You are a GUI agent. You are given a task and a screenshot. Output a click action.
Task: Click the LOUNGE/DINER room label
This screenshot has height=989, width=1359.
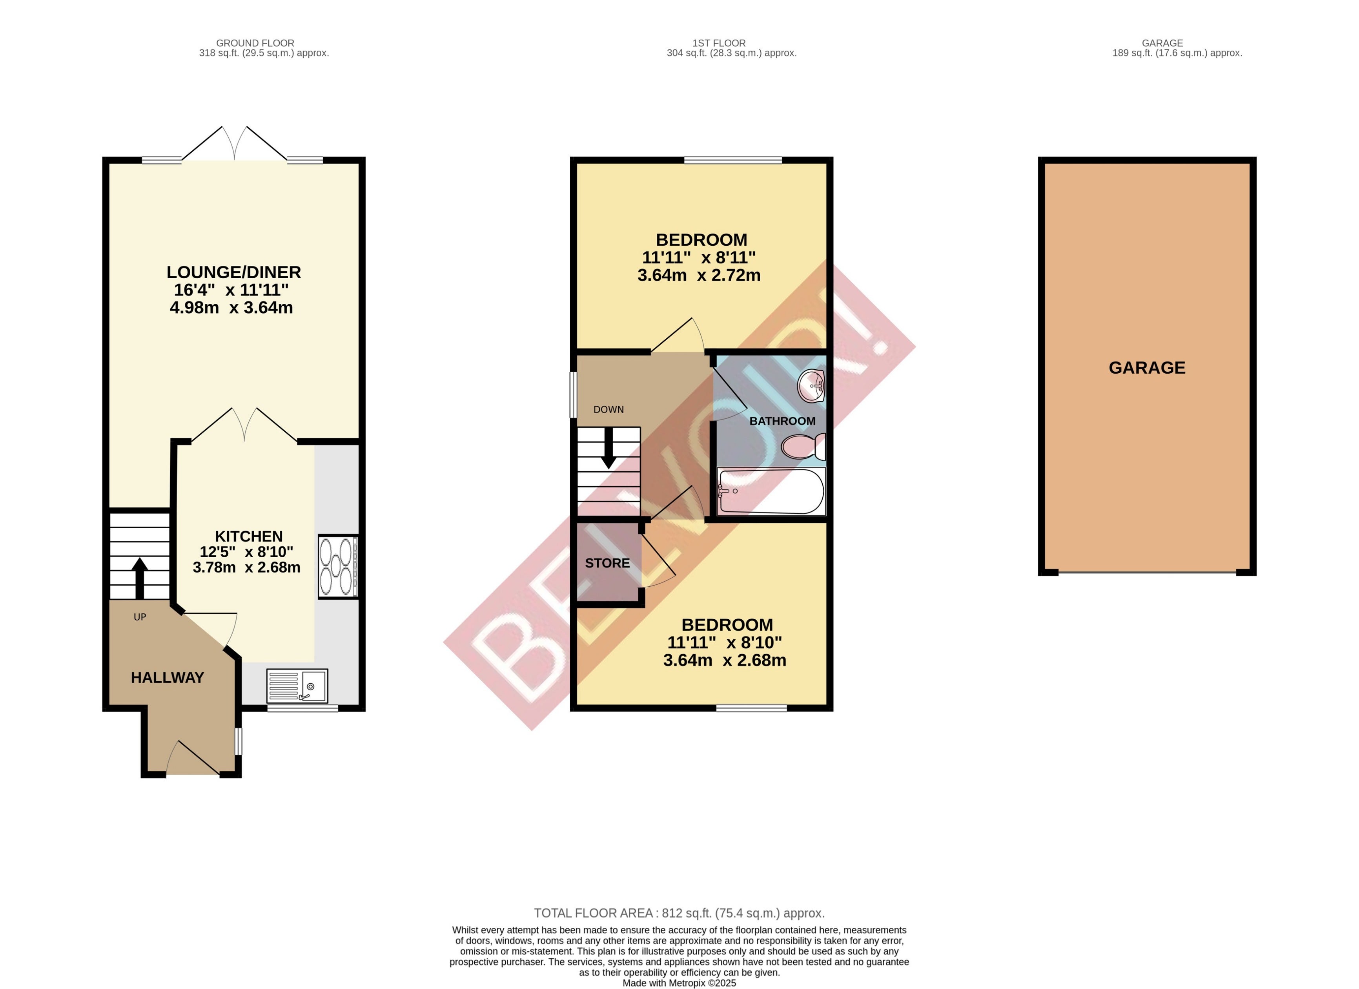click(x=234, y=272)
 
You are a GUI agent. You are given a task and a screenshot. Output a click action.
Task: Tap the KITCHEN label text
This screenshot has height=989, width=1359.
click(x=249, y=536)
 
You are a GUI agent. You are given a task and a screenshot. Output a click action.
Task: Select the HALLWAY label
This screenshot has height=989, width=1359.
click(x=167, y=677)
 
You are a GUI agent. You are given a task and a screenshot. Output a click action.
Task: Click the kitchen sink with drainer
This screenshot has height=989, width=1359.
click(x=297, y=686)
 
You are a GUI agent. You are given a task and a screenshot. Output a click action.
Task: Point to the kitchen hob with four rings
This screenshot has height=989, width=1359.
click(x=338, y=566)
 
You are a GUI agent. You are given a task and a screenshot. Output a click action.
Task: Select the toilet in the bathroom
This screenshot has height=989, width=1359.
click(x=803, y=447)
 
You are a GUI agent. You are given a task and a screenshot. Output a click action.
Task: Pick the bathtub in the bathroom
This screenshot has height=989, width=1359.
click(x=772, y=491)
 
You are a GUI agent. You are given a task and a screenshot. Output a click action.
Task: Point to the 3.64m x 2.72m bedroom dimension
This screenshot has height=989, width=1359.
click(x=699, y=275)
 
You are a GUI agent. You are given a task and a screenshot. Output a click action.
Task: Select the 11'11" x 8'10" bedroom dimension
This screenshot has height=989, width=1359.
click(x=725, y=642)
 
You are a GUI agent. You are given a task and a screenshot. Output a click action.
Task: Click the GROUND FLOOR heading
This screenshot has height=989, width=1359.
click(x=255, y=43)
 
